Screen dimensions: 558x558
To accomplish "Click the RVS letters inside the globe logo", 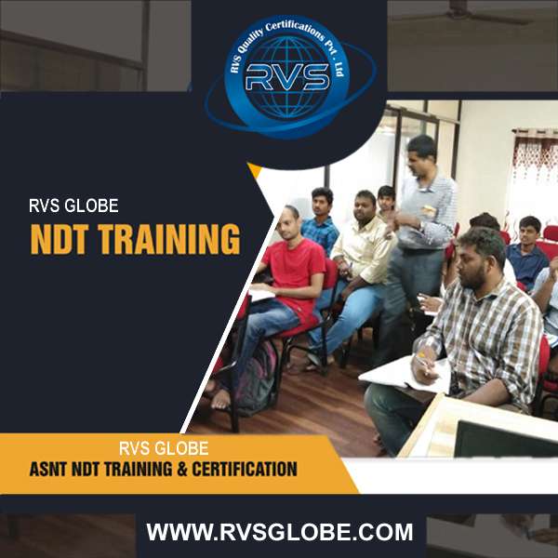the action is click(x=287, y=77).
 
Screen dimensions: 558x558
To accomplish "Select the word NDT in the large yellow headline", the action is click(x=59, y=239).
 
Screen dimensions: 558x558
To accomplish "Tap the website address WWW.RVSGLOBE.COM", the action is click(x=280, y=532).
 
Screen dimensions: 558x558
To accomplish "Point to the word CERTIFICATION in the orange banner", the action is click(x=245, y=469).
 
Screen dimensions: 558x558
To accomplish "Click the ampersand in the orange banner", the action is click(x=182, y=469).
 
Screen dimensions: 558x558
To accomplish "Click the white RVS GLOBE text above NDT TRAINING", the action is click(x=73, y=206).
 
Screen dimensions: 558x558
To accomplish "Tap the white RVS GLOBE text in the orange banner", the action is click(x=164, y=448).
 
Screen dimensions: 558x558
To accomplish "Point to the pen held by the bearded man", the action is click(x=425, y=363).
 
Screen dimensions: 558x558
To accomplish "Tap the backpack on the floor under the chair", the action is click(x=257, y=379).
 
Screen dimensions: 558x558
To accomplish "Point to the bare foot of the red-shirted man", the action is click(x=220, y=399).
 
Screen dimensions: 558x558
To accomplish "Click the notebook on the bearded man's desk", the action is click(x=405, y=376).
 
